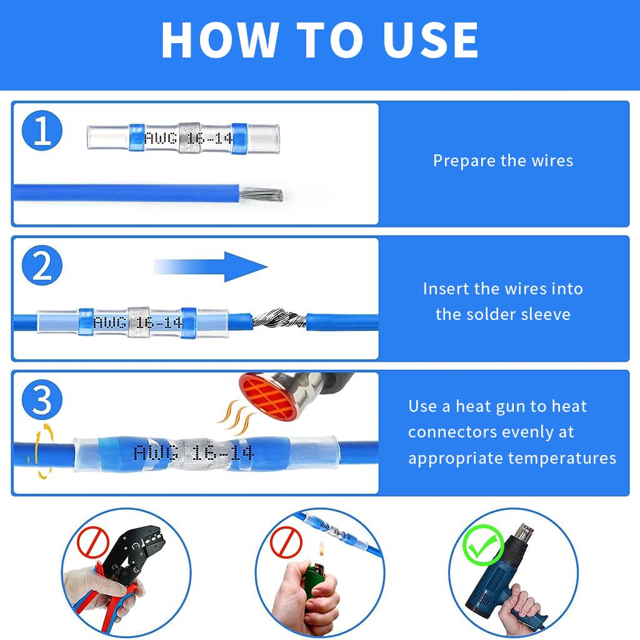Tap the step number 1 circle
[42, 132]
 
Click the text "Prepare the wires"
[503, 161]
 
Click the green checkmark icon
[482, 546]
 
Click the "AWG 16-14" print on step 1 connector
[187, 138]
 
